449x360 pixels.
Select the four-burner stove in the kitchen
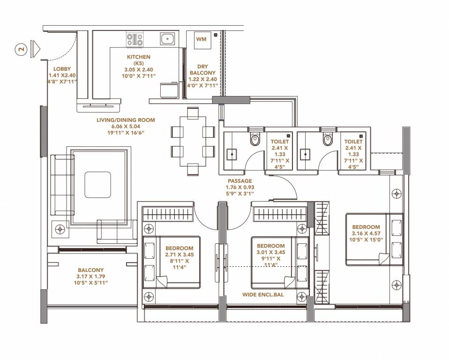(x=135, y=39)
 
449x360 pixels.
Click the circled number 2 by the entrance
(x=22, y=48)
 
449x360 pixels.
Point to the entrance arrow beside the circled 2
(x=36, y=48)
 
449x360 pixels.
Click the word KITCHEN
(x=138, y=57)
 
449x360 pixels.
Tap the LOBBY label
(x=62, y=69)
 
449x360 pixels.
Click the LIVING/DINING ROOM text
(x=126, y=120)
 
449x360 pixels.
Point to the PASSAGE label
(x=240, y=181)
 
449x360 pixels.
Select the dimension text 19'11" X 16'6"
(x=126, y=133)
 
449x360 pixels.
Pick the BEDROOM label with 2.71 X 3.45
(x=179, y=248)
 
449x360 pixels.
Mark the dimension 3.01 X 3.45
(x=270, y=252)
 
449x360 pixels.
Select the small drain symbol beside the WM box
(x=216, y=35)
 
